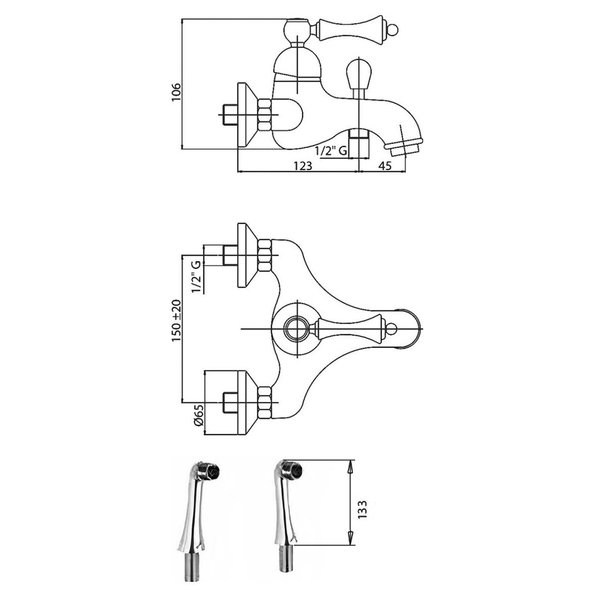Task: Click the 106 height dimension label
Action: (x=176, y=92)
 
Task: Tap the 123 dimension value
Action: (x=302, y=166)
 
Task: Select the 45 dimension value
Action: (x=385, y=166)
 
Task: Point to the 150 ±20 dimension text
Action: (x=177, y=320)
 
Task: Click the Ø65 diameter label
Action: (x=199, y=419)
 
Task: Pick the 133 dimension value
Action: (x=362, y=509)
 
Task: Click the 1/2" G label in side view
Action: (x=331, y=151)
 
